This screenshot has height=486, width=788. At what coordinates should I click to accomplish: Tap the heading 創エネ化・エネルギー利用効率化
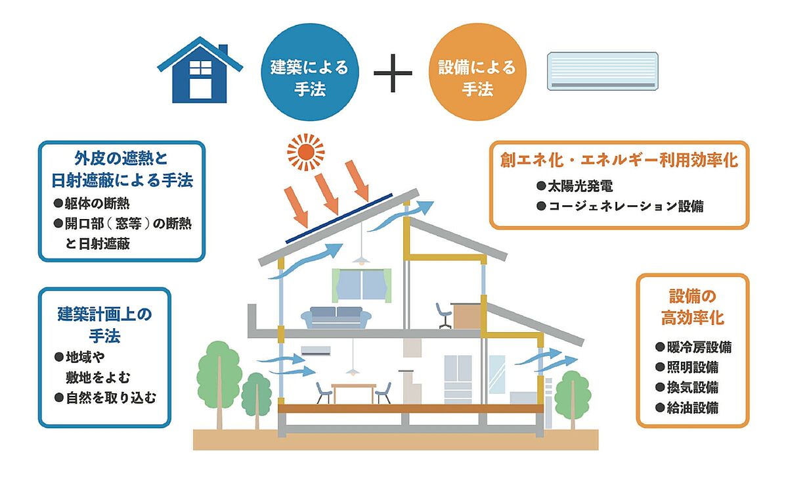619,160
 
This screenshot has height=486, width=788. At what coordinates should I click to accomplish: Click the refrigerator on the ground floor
458,379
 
